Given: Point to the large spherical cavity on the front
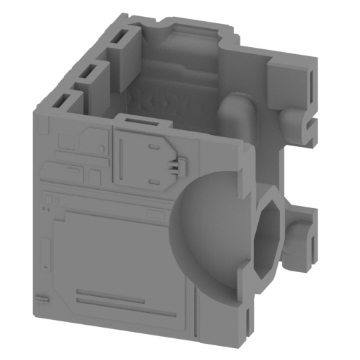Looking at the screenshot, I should pyautogui.click(x=211, y=229).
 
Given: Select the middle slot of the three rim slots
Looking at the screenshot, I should pyautogui.click(x=89, y=71).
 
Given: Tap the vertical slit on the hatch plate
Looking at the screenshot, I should pyautogui.click(x=122, y=158).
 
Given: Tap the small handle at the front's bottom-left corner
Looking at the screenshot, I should pyautogui.click(x=43, y=297).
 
